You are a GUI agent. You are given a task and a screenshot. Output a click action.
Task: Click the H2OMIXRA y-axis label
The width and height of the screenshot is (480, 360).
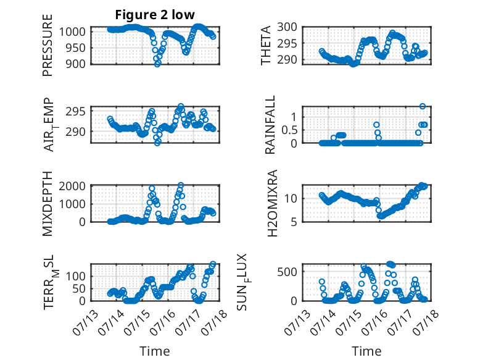point(270,204)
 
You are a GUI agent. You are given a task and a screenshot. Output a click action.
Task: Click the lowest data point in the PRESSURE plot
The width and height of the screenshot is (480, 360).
point(157,64)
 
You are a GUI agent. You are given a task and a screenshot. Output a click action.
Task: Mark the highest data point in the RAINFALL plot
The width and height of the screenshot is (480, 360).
point(423,106)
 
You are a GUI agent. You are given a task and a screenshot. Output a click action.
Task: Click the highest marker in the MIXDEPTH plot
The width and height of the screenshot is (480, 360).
point(181,185)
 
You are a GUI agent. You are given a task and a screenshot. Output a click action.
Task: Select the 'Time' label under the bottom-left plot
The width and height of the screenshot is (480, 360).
point(154,351)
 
